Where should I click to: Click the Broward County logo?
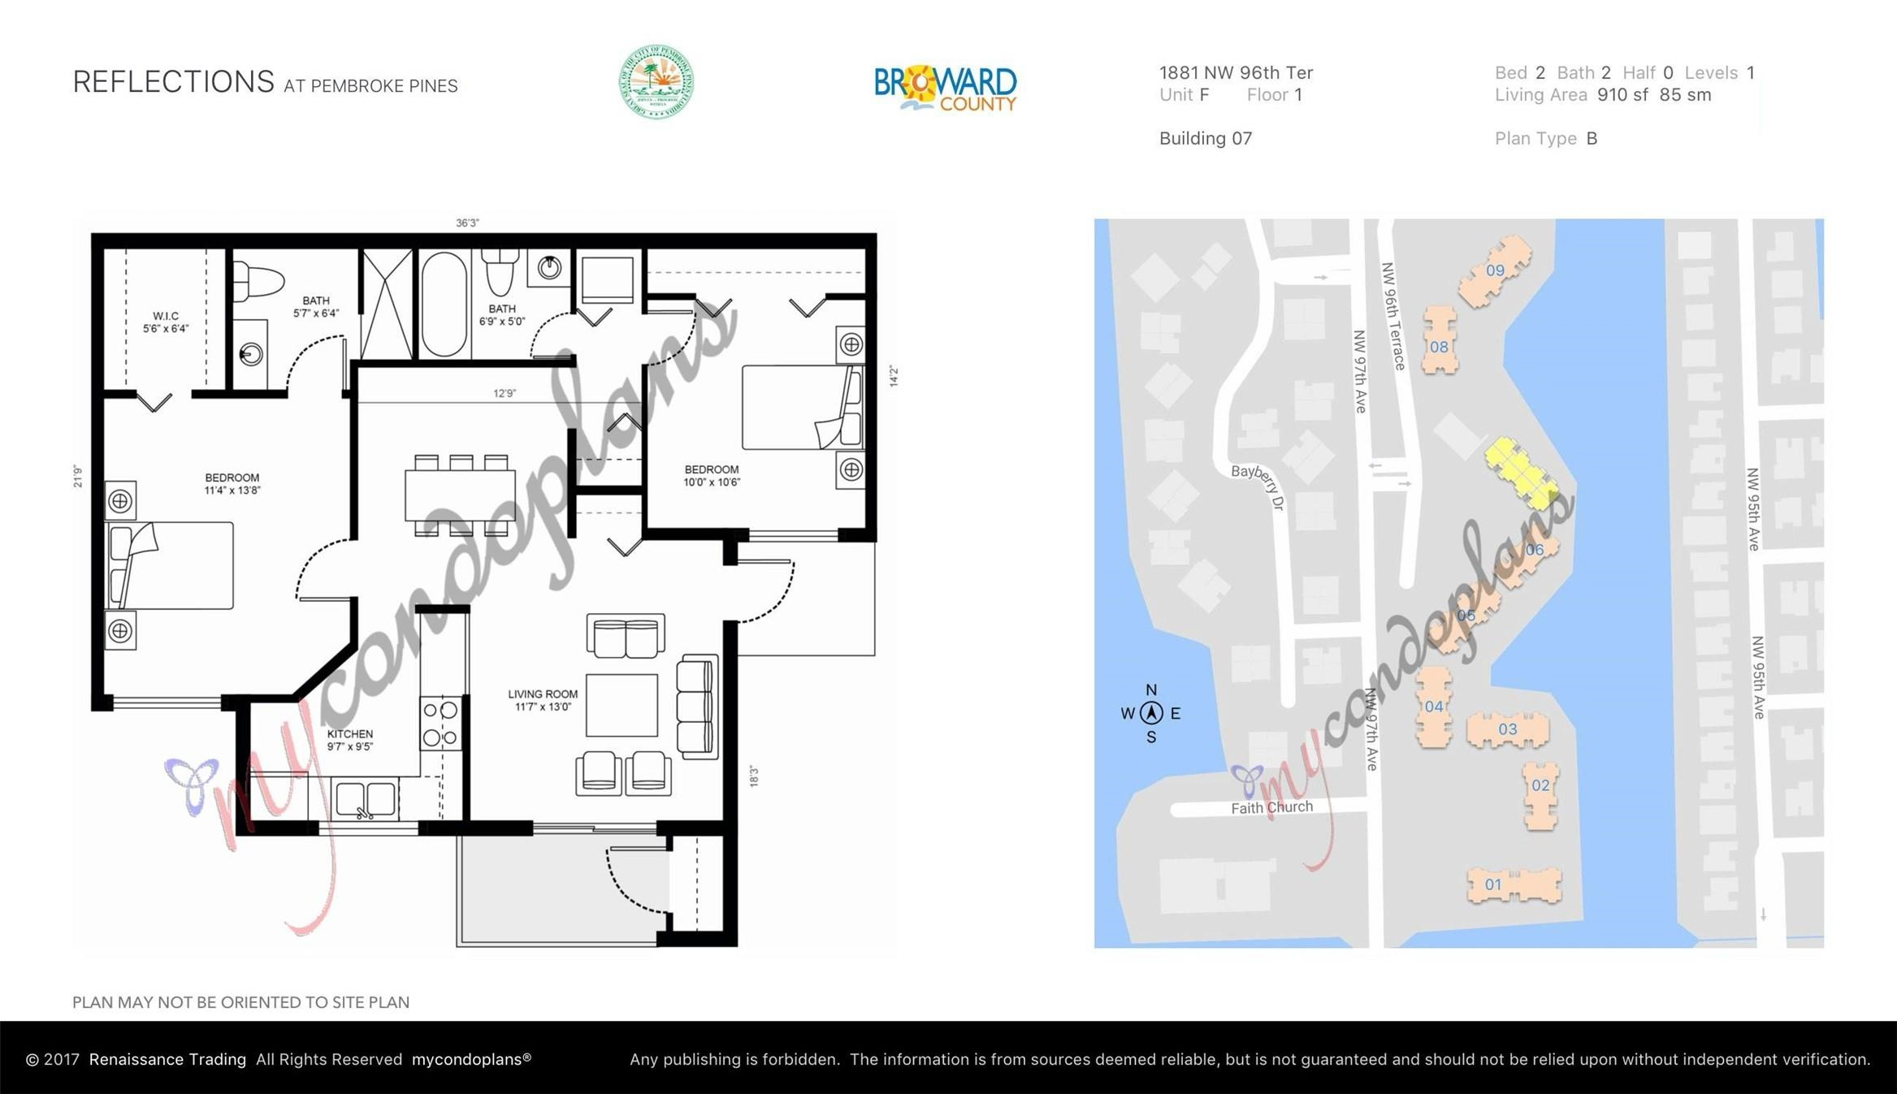pos(945,88)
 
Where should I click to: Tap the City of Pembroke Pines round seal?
pos(656,82)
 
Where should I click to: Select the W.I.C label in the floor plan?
pos(166,322)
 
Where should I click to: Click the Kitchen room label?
pos(350,740)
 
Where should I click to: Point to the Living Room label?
pos(543,700)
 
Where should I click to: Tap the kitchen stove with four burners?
pos(440,724)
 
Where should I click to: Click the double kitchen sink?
pos(366,799)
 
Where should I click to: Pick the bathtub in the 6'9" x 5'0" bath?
pos(444,304)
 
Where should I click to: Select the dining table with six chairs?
pos(461,495)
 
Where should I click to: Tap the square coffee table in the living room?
pos(622,705)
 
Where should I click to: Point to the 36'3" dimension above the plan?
pos(467,223)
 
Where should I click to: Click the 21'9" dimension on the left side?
pos(78,476)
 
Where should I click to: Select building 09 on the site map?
pos(1495,271)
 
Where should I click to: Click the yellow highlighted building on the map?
pos(1521,473)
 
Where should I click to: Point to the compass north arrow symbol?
pos(1151,713)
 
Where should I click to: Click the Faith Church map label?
pos(1271,807)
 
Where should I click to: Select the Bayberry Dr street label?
pos(1258,485)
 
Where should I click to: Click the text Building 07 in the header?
pos(1205,139)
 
